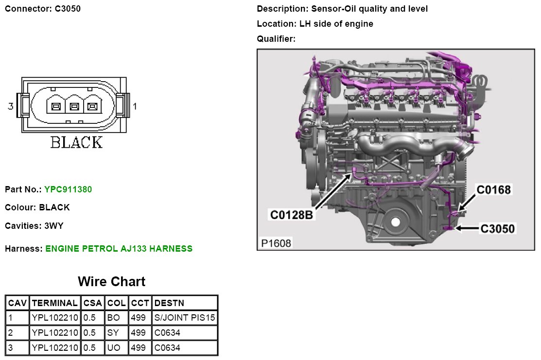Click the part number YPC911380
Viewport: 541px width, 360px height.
[x=68, y=189]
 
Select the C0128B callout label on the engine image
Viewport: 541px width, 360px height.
[x=291, y=215]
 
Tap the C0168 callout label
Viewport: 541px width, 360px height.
[x=493, y=189]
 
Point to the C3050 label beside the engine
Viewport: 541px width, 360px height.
[x=497, y=229]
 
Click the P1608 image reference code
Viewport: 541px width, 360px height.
[x=276, y=243]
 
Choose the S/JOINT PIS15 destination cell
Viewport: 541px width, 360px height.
[x=185, y=318]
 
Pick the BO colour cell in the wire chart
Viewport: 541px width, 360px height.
[x=114, y=318]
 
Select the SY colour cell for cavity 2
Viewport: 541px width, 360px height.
[x=113, y=333]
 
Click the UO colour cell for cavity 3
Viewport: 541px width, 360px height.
[x=114, y=347]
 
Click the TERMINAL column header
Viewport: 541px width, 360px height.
[x=54, y=303]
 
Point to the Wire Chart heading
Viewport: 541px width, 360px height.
[x=111, y=281]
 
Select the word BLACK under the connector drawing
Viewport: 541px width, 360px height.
[x=76, y=142]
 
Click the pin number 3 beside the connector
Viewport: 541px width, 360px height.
[x=10, y=106]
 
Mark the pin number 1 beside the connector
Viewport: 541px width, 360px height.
[x=135, y=106]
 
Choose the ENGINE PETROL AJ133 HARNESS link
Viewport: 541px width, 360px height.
[x=119, y=249]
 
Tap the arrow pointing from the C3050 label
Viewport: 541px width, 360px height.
[x=467, y=228]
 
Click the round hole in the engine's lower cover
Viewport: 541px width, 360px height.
[x=395, y=222]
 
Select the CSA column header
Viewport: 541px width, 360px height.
[x=92, y=303]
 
